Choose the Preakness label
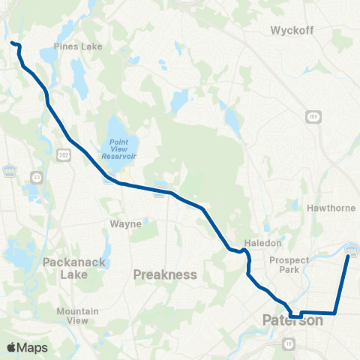coord(164,274)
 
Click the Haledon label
coord(262,244)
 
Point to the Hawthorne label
coord(331,208)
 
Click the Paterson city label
coord(292,320)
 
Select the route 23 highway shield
coord(37,177)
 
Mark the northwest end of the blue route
coord(12,43)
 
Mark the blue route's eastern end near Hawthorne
coord(348,256)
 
